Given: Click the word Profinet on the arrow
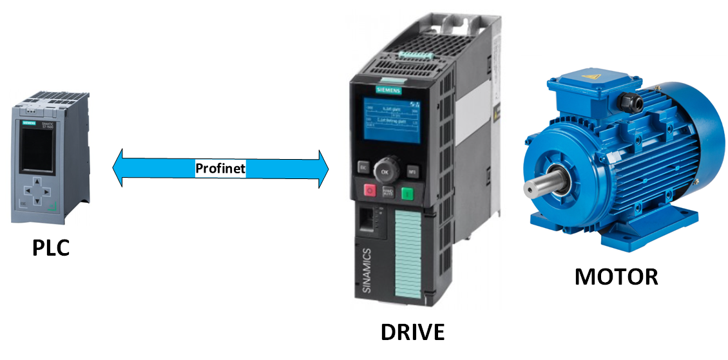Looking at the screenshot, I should (x=220, y=169).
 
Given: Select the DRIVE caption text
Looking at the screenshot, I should (x=412, y=332).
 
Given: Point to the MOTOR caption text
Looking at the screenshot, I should (x=617, y=276).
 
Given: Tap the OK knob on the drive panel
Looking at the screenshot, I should (x=385, y=172).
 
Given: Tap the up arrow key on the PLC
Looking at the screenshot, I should (x=37, y=182).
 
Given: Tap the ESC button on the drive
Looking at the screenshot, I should (x=362, y=168).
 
